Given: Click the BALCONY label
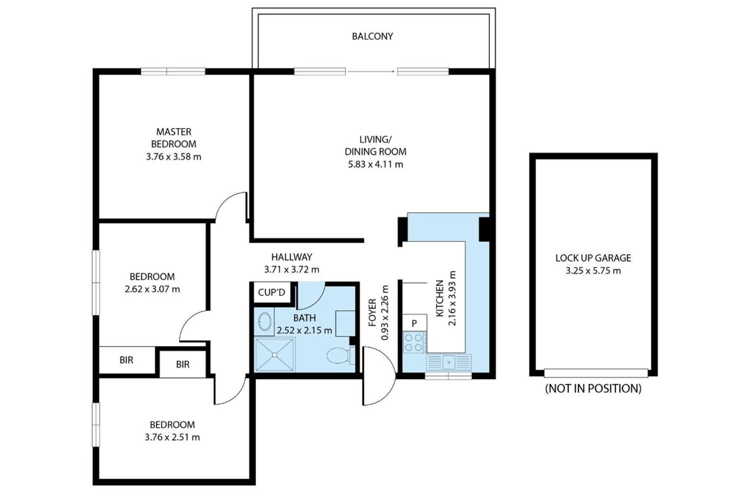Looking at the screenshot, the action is (x=372, y=36).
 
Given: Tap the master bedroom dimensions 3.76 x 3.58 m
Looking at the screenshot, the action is (x=173, y=156).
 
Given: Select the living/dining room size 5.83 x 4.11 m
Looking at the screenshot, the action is (x=375, y=164).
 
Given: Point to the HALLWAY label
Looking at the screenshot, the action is (x=291, y=257).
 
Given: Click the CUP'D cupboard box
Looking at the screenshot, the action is (x=271, y=292).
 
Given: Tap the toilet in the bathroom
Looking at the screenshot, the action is (x=340, y=355).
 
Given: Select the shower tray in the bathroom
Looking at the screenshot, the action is (x=274, y=354).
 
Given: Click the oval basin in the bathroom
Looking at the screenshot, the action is (x=265, y=322).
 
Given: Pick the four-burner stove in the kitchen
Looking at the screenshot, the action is (x=414, y=342).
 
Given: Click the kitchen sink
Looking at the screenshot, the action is (x=448, y=362).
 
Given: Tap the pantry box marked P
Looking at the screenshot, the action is (x=414, y=323).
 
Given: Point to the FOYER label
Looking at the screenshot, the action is (x=372, y=312).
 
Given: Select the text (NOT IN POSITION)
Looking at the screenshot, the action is (x=593, y=388).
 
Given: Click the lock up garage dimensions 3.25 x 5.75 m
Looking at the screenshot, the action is (x=593, y=270).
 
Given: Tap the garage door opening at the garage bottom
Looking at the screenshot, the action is (x=596, y=372).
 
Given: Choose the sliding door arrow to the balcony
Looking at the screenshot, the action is (x=371, y=71).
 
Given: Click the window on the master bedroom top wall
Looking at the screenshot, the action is (x=173, y=71).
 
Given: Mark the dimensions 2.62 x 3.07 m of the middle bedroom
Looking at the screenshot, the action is (x=152, y=289).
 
